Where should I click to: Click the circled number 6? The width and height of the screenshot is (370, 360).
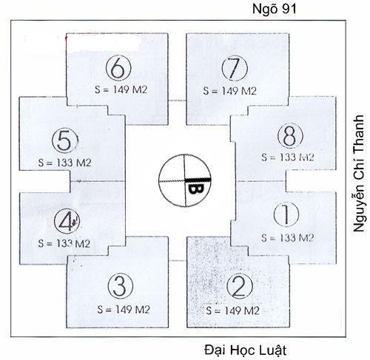click(x=118, y=68)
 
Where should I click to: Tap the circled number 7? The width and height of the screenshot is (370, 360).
click(x=235, y=68)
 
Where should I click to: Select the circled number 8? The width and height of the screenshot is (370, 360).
click(x=290, y=136)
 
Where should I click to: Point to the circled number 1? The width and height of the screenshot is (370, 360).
click(x=286, y=214)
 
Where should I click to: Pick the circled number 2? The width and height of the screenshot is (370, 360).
click(x=240, y=286)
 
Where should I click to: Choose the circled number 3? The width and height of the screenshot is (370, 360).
click(x=121, y=286)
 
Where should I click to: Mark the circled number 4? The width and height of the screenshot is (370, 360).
click(x=67, y=221)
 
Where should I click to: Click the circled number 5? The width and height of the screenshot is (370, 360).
click(x=65, y=140)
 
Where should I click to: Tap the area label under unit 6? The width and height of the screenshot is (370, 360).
click(x=121, y=89)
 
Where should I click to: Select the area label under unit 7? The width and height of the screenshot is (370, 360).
click(x=230, y=91)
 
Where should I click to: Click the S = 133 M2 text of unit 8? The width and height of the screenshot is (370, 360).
click(x=288, y=157)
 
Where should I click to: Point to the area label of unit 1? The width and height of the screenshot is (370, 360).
click(x=287, y=238)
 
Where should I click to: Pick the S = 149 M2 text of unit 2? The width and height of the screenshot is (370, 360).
click(x=232, y=310)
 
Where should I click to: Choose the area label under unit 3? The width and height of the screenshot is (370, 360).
click(x=124, y=310)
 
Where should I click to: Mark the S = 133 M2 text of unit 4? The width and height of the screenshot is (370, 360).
click(x=64, y=243)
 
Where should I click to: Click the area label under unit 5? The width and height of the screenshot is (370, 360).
click(x=64, y=163)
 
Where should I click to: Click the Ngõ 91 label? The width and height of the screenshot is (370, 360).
click(x=275, y=9)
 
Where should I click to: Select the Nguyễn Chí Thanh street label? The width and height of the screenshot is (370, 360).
click(x=359, y=173)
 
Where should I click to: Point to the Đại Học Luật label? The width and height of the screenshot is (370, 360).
click(x=246, y=350)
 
